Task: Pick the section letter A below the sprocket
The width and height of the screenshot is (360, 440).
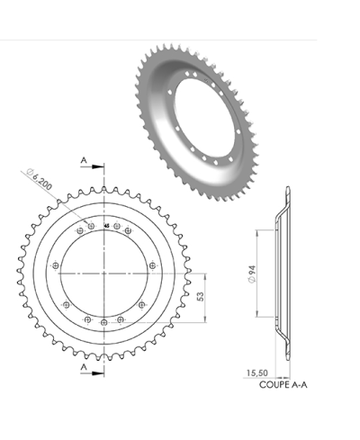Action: point(84,368)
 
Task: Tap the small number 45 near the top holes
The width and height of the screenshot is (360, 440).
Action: point(107,226)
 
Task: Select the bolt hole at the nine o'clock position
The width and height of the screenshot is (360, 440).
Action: point(56,266)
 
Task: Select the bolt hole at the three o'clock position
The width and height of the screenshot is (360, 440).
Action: point(152,266)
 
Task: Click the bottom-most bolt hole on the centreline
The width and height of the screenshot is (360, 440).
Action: point(104,322)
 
